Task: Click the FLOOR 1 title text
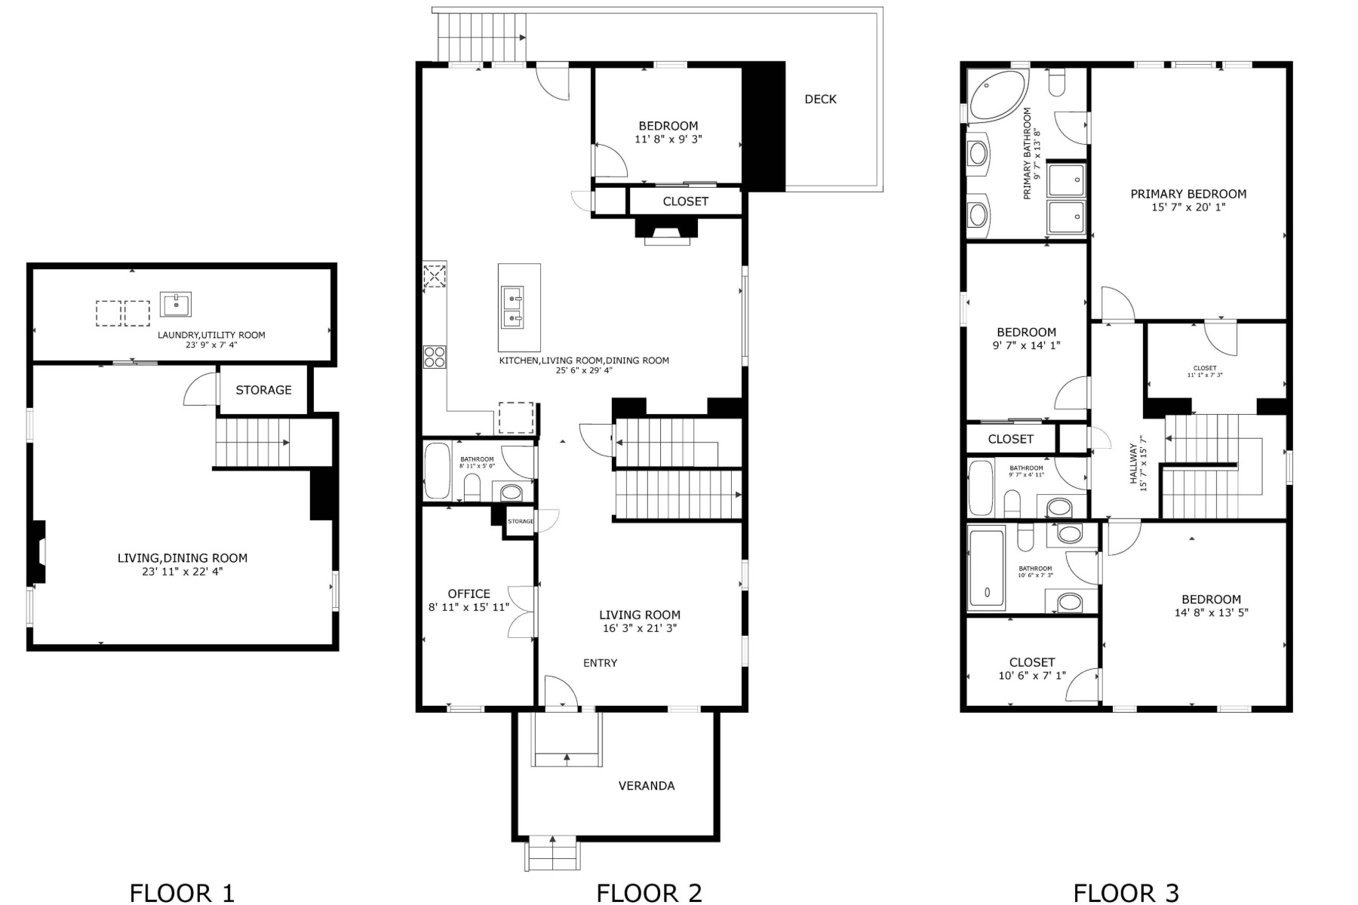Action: pyautogui.click(x=182, y=893)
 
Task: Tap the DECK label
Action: pyautogui.click(x=820, y=99)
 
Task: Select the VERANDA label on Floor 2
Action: pyautogui.click(x=647, y=786)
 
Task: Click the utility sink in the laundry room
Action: pyautogui.click(x=176, y=305)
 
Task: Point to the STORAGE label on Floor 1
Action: pyautogui.click(x=263, y=390)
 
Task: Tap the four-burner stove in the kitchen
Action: pyautogui.click(x=434, y=356)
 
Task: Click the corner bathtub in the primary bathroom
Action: pyautogui.click(x=995, y=97)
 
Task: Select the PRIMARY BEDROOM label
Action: pyautogui.click(x=1188, y=194)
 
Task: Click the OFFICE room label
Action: pyautogui.click(x=469, y=594)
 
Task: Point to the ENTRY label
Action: pyautogui.click(x=600, y=663)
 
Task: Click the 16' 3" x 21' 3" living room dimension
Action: pyautogui.click(x=640, y=628)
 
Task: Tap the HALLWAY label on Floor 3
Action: pyautogui.click(x=1133, y=463)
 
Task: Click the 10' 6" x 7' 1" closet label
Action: pyautogui.click(x=1031, y=676)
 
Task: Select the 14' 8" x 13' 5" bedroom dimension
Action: pyautogui.click(x=1211, y=613)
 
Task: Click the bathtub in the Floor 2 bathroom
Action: pyautogui.click(x=437, y=471)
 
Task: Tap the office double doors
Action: pyautogui.click(x=523, y=611)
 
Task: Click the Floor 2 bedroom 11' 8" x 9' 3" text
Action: pyautogui.click(x=668, y=140)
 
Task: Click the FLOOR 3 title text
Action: pyautogui.click(x=1126, y=893)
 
